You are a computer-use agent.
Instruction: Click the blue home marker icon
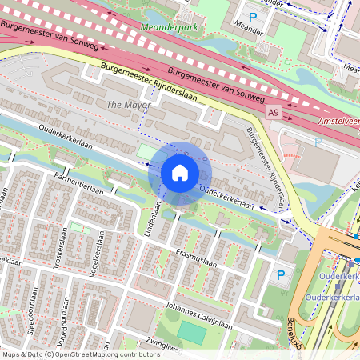point(180,173)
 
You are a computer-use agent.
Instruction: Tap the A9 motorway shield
point(274,113)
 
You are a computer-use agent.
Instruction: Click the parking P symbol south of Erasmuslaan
point(280,274)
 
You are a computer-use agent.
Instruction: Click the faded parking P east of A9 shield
point(318,142)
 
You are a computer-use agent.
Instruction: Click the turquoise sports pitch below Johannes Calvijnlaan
point(190,331)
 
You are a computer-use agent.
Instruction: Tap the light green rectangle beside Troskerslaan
point(78,228)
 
